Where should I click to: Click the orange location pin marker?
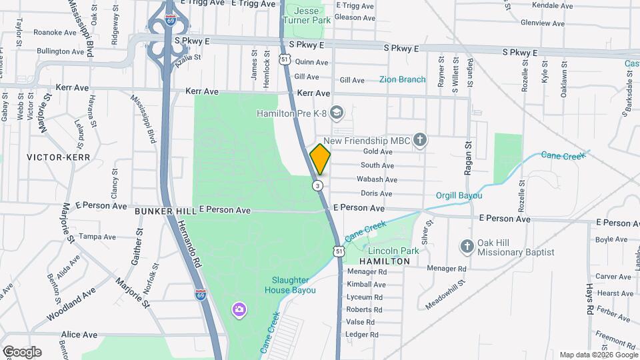(320, 159)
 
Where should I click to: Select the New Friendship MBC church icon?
(419, 140)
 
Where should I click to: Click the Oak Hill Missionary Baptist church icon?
(467, 247)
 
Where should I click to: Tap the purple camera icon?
(238, 309)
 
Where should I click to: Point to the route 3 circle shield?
(319, 185)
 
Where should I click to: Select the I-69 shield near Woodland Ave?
(200, 294)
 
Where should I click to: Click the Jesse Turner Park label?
(307, 15)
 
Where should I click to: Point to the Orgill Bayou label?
(459, 195)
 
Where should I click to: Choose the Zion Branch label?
(402, 79)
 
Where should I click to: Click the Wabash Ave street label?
(377, 179)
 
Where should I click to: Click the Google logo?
(22, 351)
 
